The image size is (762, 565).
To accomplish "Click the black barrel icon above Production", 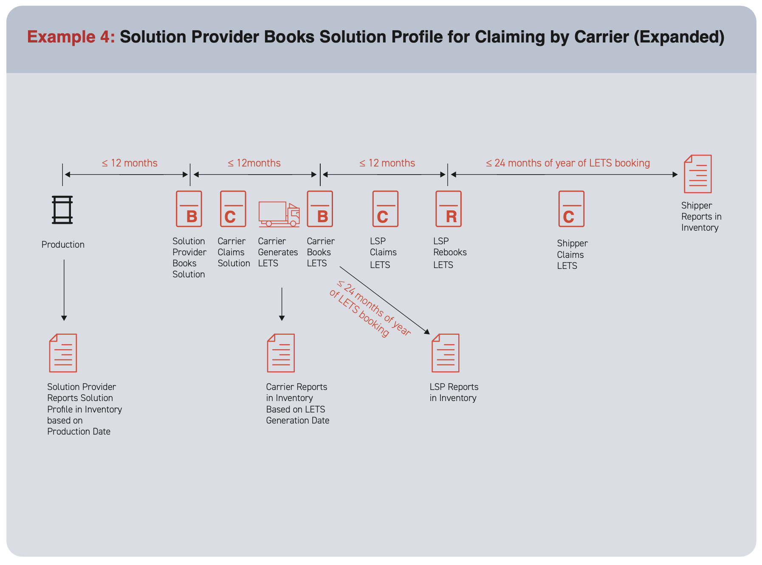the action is pos(62,209).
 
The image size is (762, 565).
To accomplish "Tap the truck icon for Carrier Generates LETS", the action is pos(279,214).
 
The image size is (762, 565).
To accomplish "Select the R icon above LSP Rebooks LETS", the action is pos(449,209).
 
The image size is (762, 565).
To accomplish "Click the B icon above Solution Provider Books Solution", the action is pos(189,209).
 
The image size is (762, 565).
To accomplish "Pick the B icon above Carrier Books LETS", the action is pos(320,209).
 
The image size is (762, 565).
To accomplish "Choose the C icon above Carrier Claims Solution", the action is pos(233,209).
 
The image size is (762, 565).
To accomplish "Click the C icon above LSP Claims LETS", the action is pos(385,209).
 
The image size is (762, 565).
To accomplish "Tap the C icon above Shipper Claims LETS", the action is pos(571,209).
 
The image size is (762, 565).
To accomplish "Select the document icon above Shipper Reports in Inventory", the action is pos(698,174).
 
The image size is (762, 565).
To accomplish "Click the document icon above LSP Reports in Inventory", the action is pos(446,353).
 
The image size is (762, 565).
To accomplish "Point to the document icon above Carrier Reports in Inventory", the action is pos(281,353).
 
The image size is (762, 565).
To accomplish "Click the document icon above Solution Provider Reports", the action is pos(63,353).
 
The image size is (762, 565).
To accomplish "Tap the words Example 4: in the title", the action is pos(71,37).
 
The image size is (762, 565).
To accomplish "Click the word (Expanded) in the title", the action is pos(679,37).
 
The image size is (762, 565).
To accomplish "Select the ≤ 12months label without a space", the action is pos(254,163).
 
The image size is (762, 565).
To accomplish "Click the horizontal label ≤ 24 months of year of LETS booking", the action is pos(568,163).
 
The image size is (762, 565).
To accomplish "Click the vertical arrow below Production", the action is pos(64,290).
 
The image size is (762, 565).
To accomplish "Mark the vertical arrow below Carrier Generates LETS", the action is pos(282,304).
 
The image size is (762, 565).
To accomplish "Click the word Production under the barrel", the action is pos(63,245).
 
